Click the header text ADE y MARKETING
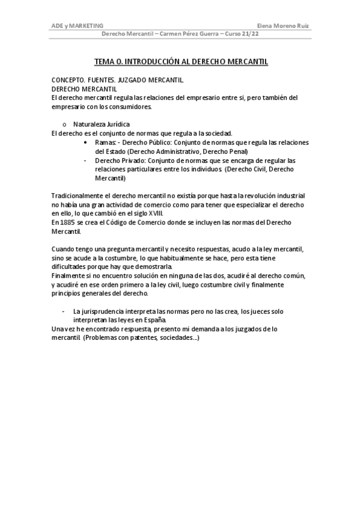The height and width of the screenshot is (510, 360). click(x=77, y=26)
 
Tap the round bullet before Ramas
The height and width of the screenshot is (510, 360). click(x=88, y=143)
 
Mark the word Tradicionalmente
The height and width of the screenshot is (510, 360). click(x=77, y=197)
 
